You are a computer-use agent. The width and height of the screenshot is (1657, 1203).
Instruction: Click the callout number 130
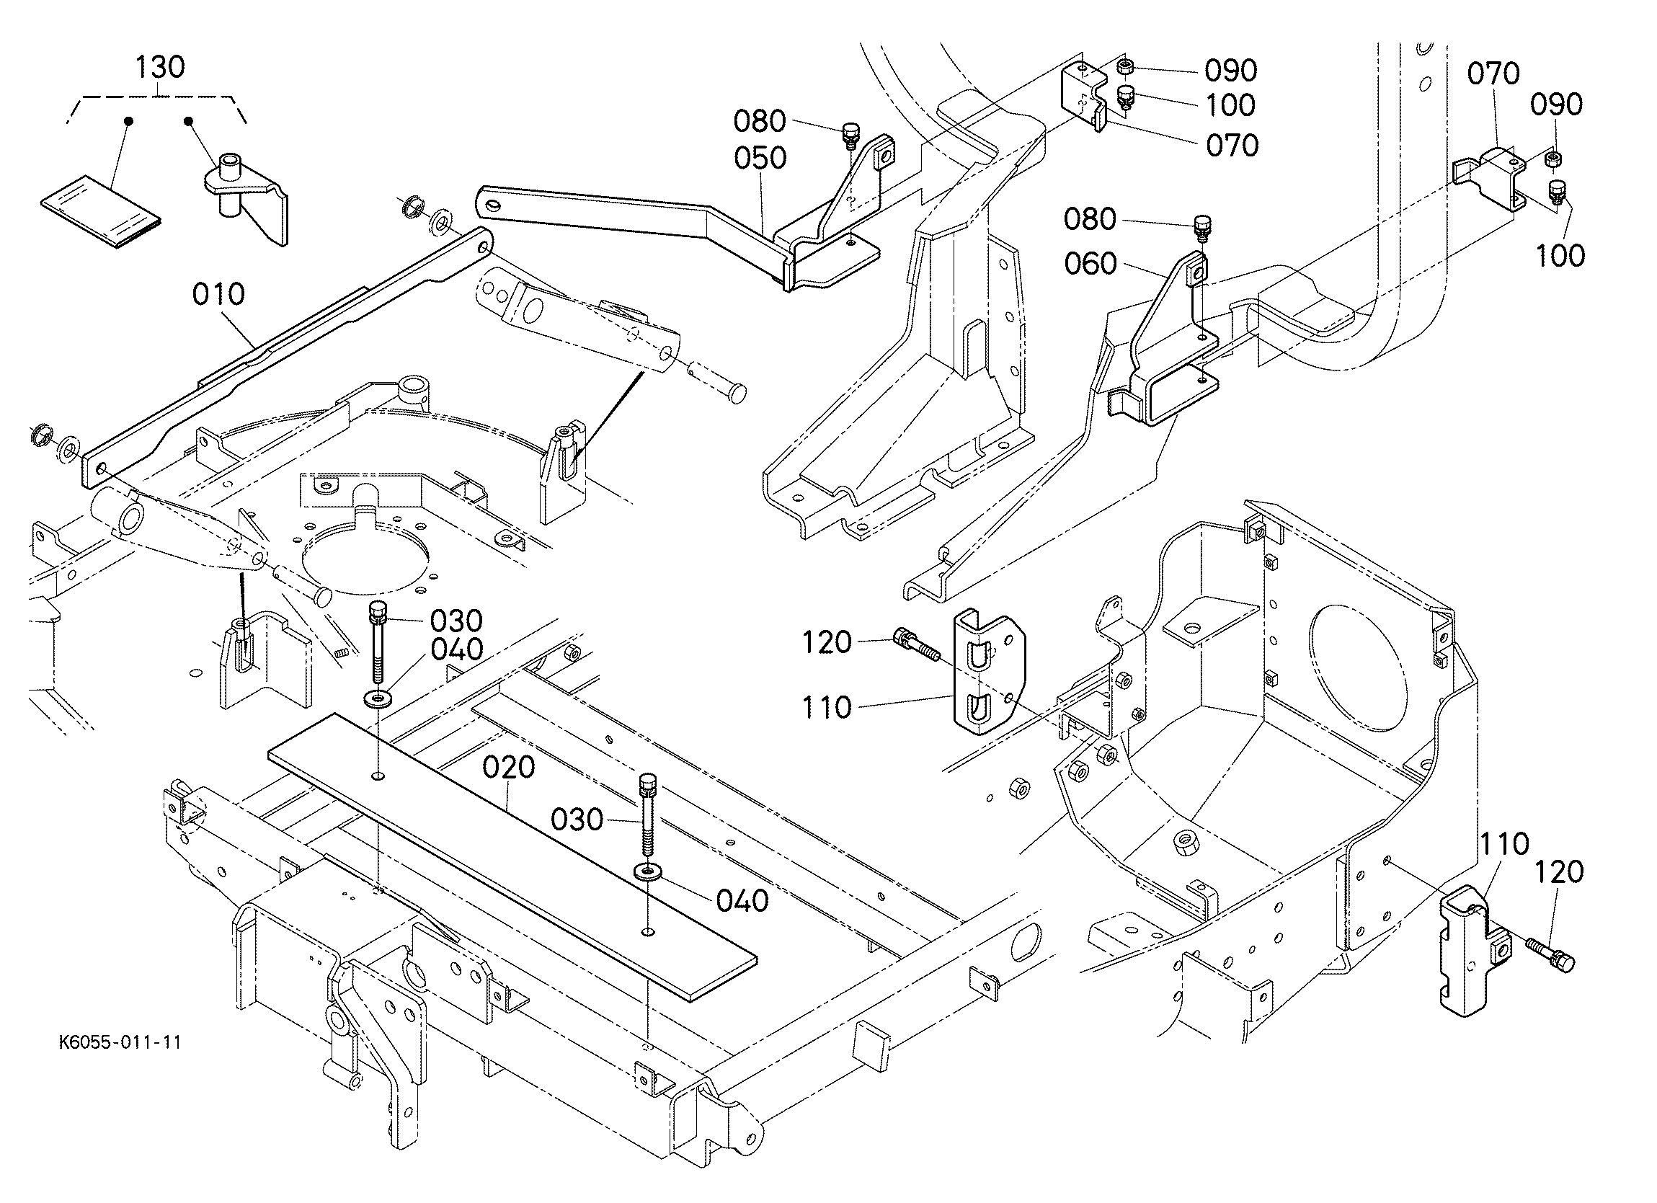coord(160,67)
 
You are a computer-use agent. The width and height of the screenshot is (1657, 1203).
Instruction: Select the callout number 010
coord(218,295)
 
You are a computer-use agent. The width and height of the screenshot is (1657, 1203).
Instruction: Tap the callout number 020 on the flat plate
coord(510,768)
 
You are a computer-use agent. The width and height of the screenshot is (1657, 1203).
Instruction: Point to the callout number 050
coord(760,158)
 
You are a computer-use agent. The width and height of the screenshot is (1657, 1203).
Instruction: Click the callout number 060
coord(1090,263)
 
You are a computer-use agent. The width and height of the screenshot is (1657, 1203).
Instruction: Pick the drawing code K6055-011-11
coord(120,1042)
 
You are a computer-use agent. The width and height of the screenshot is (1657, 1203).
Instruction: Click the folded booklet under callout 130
coord(101,212)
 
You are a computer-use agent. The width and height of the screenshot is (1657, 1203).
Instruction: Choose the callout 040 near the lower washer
coord(742,901)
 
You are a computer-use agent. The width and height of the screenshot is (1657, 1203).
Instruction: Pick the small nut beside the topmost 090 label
coord(1126,67)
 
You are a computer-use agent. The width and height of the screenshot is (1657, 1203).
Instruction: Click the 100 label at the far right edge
coord(1560,256)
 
